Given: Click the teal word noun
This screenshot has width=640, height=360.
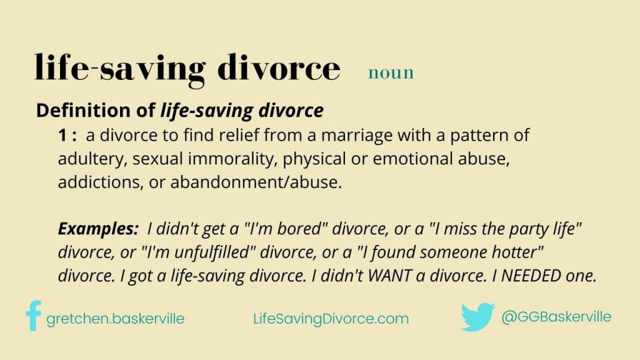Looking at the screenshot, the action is (x=391, y=72).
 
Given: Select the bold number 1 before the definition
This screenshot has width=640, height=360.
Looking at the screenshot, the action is (x=62, y=135).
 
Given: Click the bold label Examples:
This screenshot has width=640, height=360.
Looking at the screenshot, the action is (x=98, y=229).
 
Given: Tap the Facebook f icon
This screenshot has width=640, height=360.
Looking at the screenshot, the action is (x=33, y=316).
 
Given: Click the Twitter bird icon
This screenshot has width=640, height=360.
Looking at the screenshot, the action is (x=477, y=317).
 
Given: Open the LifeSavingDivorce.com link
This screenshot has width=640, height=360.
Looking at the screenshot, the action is (x=331, y=319).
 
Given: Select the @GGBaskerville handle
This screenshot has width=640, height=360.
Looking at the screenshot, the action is (x=556, y=317).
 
